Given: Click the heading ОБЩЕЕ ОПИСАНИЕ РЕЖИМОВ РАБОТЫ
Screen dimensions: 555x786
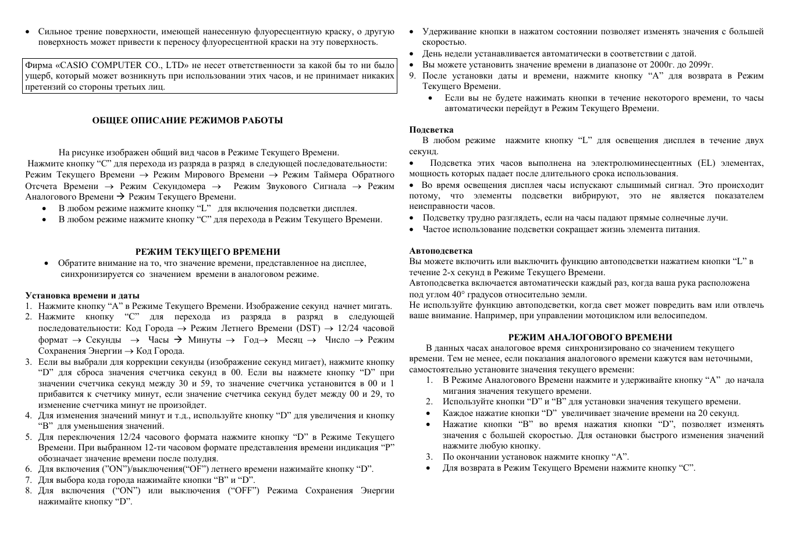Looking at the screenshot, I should coord(187,120).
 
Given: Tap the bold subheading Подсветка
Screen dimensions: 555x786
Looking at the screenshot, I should coord(431,130).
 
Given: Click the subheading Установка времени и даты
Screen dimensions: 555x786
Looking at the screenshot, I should coord(82,295).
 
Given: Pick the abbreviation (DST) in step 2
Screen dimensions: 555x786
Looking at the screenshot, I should coord(308,328).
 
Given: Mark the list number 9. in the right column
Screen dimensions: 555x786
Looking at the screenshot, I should coord(412,76).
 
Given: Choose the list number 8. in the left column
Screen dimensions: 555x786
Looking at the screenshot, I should coord(28,490).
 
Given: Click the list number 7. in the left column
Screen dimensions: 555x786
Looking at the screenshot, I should coord(28,480).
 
